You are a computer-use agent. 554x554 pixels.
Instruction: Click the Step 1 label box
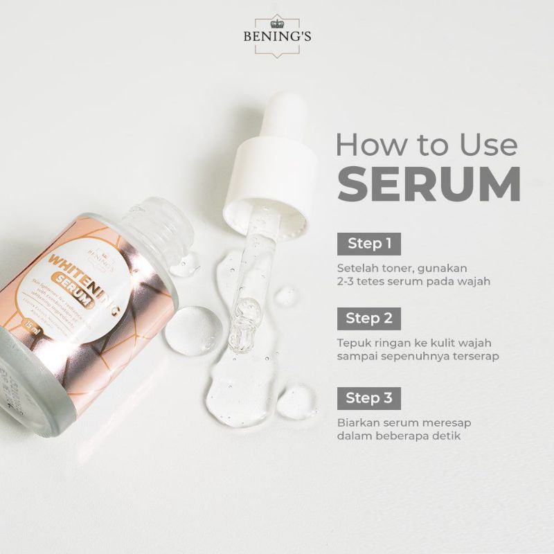coord(369,244)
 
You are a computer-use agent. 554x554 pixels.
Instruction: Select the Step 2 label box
coord(369,319)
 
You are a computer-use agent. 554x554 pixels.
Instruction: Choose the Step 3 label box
coord(369,398)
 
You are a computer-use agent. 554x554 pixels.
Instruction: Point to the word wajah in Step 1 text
coord(472,280)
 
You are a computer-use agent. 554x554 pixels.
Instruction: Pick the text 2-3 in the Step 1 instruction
coord(348,280)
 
